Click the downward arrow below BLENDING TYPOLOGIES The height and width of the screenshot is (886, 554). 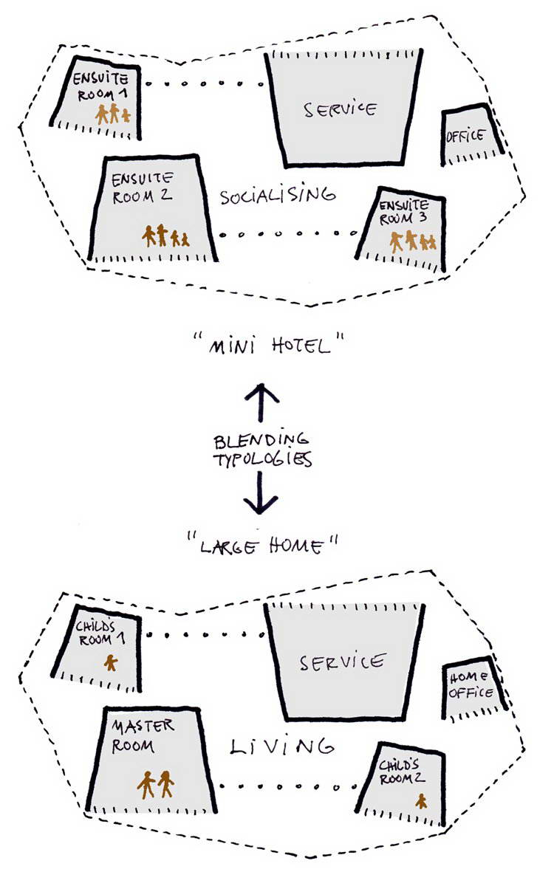[x=260, y=492]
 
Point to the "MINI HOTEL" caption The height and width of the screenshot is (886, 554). [x=269, y=345]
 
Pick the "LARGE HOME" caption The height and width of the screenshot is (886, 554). [x=263, y=546]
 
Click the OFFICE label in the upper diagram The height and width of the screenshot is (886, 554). [x=465, y=136]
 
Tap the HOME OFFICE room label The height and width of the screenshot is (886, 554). [x=471, y=686]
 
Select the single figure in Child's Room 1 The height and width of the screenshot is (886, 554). [x=111, y=662]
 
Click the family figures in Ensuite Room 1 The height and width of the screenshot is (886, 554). [x=113, y=114]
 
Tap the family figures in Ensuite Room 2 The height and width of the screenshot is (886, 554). [x=165, y=236]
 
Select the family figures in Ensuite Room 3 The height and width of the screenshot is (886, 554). [x=413, y=241]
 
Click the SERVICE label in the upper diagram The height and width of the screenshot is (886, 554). [x=341, y=109]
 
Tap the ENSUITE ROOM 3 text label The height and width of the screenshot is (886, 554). [x=403, y=212]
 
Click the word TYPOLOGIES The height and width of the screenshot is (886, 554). [x=263, y=459]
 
